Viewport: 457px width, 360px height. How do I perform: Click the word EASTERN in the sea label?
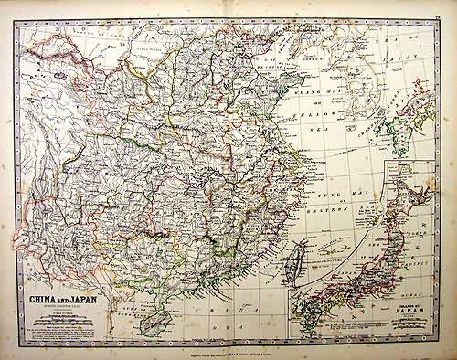pyautogui.click(x=319, y=211)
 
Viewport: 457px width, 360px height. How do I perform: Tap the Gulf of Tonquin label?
pyautogui.click(x=137, y=294)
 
